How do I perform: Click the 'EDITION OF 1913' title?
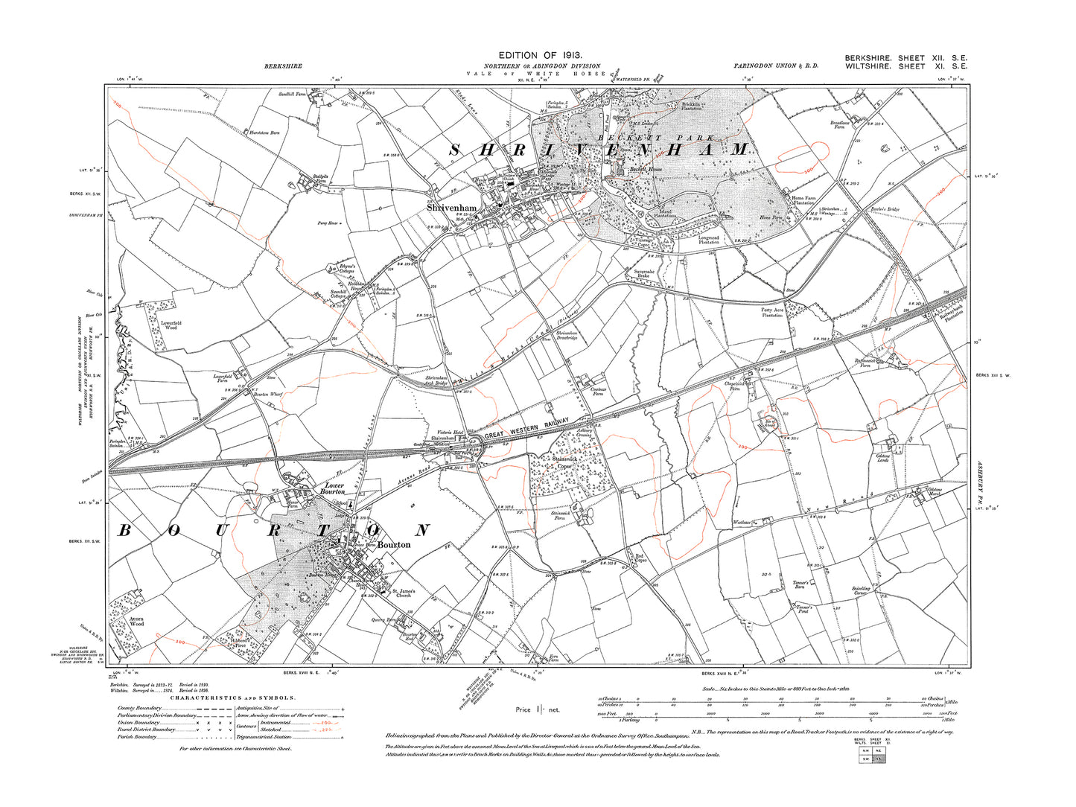coord(540,56)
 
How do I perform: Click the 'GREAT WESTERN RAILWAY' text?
coord(527,430)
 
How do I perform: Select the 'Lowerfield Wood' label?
coord(171,325)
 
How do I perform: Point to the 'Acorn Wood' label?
coord(137,621)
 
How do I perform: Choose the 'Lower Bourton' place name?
coord(332,488)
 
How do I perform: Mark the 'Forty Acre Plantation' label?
coord(772,312)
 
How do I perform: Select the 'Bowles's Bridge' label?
coord(885,210)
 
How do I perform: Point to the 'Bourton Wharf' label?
coord(268,394)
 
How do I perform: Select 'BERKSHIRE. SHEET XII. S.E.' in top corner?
coord(905,58)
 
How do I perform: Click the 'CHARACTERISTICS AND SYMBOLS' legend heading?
coord(232,698)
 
